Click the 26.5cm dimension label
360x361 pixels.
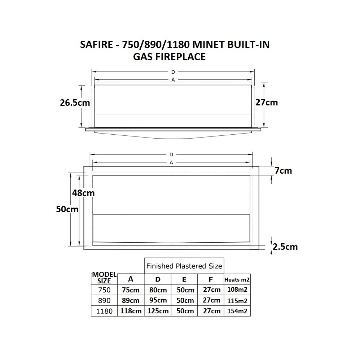click(x=75, y=103)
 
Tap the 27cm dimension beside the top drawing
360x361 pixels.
click(x=267, y=103)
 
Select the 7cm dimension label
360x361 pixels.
click(x=283, y=171)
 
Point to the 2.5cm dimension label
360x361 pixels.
click(x=285, y=247)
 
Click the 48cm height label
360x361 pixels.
click(x=83, y=193)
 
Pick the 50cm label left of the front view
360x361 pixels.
click(x=67, y=209)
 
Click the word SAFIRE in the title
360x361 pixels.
click(x=96, y=44)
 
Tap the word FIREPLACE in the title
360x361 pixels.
click(x=180, y=57)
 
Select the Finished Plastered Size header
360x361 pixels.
click(x=184, y=266)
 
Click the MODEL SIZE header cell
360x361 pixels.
click(x=104, y=278)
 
